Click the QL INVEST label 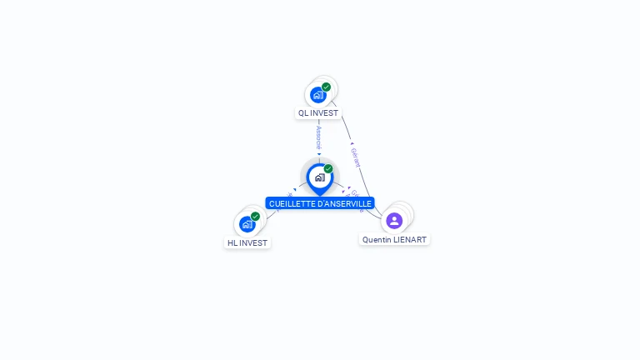[x=318, y=112]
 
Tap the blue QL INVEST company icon [x=317, y=95]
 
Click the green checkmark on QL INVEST [x=326, y=87]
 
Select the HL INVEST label [x=247, y=243]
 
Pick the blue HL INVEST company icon [x=247, y=224]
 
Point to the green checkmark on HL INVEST [x=255, y=217]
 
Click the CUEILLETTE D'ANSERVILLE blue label [x=320, y=203]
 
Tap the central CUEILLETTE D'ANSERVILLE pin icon [x=319, y=177]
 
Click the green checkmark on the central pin [x=328, y=169]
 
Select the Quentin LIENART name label [x=394, y=240]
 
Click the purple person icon [x=394, y=221]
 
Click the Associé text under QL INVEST [x=318, y=137]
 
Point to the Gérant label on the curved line [x=355, y=157]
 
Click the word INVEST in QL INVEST [x=324, y=112]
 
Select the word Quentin [x=377, y=240]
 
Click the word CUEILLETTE [x=292, y=203]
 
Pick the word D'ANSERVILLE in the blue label [x=343, y=203]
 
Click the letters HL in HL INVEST [x=232, y=243]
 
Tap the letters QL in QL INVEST [x=303, y=112]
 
